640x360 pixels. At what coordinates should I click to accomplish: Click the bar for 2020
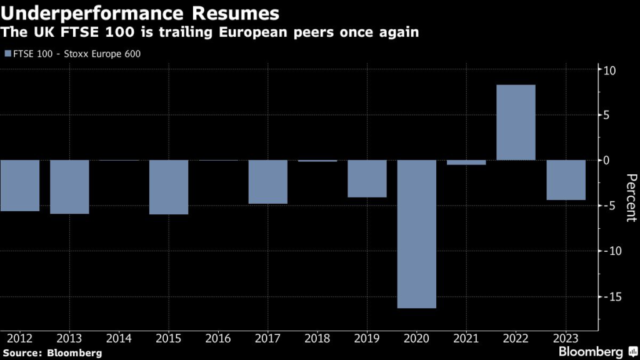click(x=416, y=234)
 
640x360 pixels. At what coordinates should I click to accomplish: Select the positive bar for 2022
click(x=516, y=122)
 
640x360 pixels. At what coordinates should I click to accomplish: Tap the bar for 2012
click(x=20, y=186)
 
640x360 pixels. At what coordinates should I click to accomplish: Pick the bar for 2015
click(x=169, y=187)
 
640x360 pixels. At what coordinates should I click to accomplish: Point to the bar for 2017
click(x=267, y=182)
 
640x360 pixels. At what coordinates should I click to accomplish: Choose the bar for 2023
click(x=566, y=180)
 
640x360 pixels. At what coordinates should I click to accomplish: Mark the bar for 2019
click(x=367, y=179)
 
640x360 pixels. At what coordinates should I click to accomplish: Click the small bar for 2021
click(x=466, y=162)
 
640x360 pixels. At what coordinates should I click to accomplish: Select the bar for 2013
click(x=69, y=187)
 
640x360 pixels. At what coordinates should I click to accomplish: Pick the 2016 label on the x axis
click(x=217, y=338)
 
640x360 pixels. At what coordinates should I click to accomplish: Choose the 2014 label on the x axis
click(x=119, y=338)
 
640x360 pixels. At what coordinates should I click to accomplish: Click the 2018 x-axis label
click(x=317, y=338)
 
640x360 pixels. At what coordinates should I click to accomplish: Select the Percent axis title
click(x=630, y=197)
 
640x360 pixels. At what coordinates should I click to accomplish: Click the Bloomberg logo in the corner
click(x=591, y=351)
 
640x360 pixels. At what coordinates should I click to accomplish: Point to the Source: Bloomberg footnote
click(x=51, y=352)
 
